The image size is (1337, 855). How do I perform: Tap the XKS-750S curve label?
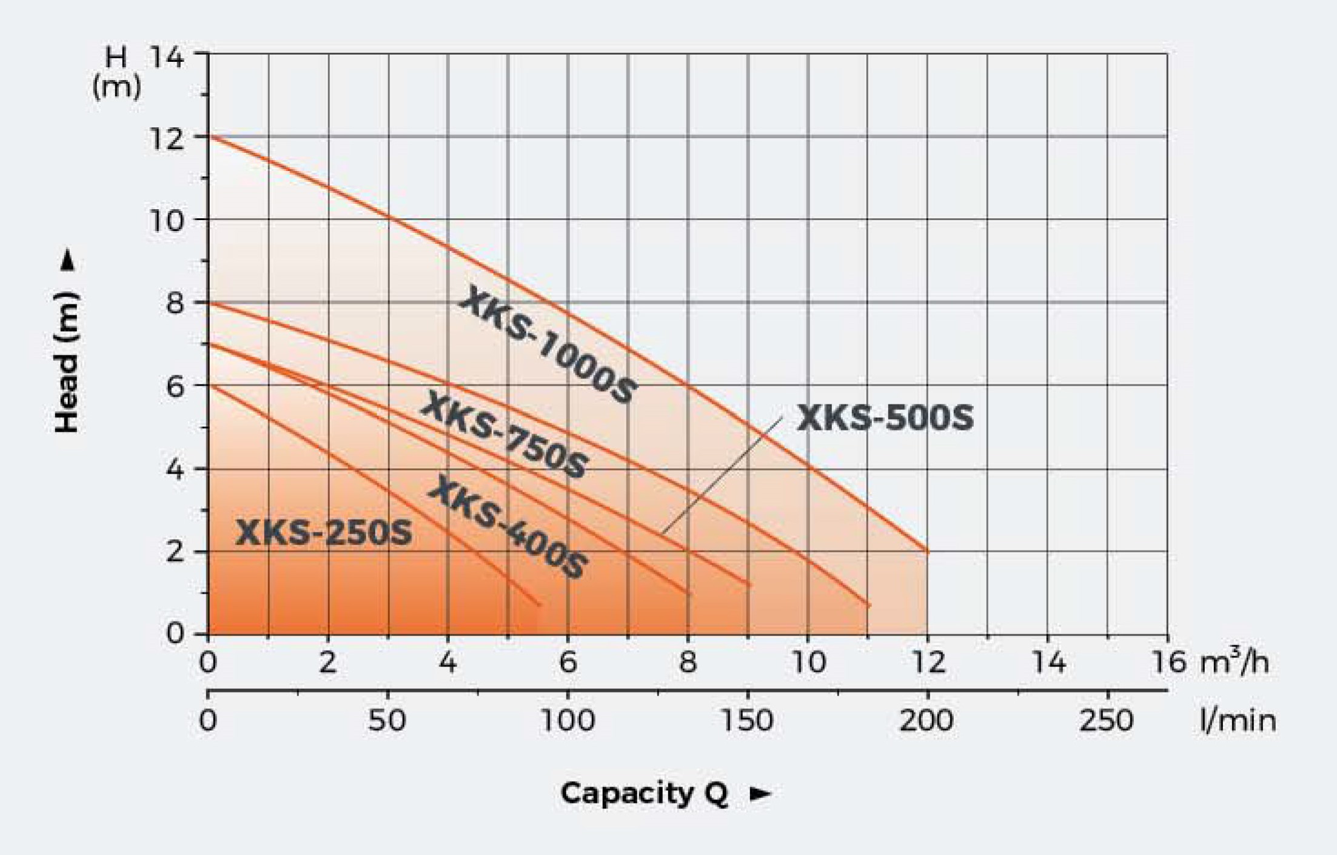[x=504, y=434]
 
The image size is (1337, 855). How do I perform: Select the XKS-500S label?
[x=885, y=418]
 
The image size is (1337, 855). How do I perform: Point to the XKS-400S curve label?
[x=508, y=528]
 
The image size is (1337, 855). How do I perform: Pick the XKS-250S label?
[x=324, y=534]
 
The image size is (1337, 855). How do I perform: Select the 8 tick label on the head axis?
[x=175, y=303]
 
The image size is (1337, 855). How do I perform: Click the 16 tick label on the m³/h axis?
[x=1169, y=662]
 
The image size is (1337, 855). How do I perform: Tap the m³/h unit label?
[x=1234, y=662]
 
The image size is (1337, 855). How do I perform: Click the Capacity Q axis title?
[x=644, y=793]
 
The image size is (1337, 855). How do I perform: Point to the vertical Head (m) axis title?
[x=67, y=362]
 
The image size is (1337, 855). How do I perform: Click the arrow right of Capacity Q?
[x=760, y=794]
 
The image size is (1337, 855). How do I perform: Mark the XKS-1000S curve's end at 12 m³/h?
[x=927, y=552]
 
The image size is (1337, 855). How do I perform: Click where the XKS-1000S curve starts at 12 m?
[x=209, y=136]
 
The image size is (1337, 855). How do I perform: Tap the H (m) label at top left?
[x=116, y=73]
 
